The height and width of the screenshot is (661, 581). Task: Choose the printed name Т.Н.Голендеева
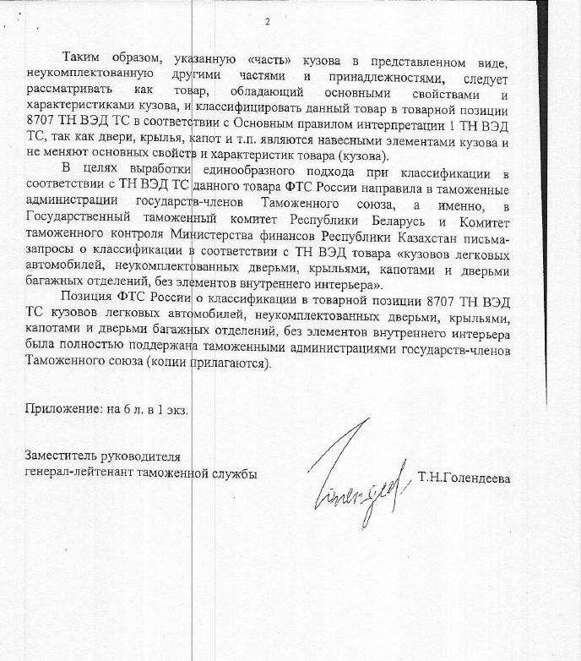[x=464, y=478]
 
